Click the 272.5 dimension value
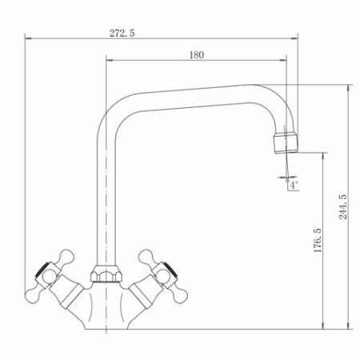click(122, 34)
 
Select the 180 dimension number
click(197, 55)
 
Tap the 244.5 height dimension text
click(342, 207)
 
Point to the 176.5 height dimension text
click(318, 241)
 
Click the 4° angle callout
click(294, 185)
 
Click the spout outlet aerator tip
click(286, 143)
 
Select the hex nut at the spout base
click(106, 274)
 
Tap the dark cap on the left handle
click(41, 270)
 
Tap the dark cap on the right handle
click(171, 270)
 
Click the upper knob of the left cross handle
click(66, 257)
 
